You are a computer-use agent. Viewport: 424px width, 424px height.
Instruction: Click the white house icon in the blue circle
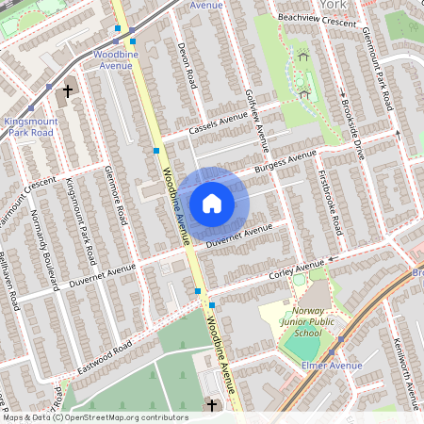click(211, 203)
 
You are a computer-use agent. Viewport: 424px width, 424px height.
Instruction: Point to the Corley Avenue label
click(296, 269)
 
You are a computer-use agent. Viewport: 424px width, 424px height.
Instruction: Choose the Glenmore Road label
click(117, 195)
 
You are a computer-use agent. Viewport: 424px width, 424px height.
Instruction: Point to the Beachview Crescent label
click(317, 20)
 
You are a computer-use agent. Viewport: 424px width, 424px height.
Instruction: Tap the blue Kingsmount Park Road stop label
click(31, 128)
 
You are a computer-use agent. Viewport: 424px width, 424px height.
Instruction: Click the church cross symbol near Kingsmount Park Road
click(67, 91)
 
